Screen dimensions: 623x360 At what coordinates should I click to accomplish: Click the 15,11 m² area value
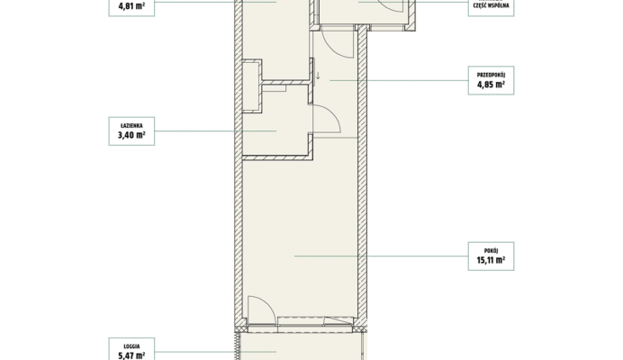point(491,260)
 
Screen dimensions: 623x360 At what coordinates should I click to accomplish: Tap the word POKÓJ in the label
point(491,251)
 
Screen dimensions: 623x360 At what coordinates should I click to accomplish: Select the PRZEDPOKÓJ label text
point(491,75)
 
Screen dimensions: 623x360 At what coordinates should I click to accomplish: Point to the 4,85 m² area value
point(491,85)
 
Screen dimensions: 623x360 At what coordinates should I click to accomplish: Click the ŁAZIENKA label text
point(131,126)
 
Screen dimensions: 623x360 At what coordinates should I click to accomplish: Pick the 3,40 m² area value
point(131,135)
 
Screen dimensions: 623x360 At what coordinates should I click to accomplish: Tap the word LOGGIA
point(131,346)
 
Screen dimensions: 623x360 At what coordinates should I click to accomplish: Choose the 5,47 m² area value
point(131,355)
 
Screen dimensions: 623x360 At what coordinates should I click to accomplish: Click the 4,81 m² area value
point(131,6)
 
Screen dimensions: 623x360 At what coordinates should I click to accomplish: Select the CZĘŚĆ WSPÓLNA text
point(491,5)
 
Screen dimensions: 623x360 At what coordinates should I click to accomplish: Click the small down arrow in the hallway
point(318,76)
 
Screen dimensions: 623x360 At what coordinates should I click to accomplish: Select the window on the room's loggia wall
point(315,321)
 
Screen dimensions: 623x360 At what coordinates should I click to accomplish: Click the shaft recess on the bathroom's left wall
point(252,86)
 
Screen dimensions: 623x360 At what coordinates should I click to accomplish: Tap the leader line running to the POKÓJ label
point(381,256)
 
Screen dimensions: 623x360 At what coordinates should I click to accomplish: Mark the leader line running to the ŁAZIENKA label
point(215,130)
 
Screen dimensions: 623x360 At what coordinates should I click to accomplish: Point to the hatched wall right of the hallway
point(362,175)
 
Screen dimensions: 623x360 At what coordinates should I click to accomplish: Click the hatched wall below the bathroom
point(277,157)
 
